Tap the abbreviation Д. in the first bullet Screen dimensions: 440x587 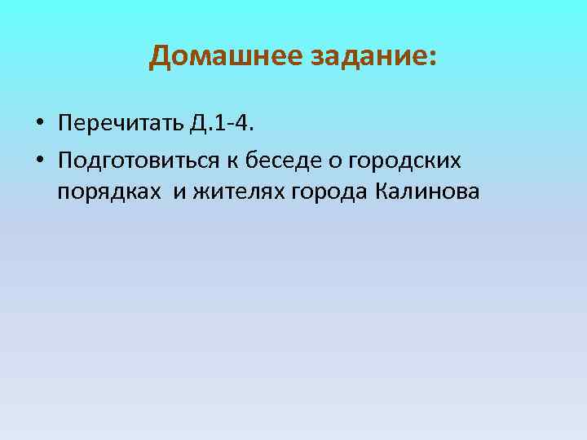pyautogui.click(x=199, y=123)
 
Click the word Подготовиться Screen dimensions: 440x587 pyautogui.click(x=139, y=160)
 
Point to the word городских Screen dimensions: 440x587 pyautogui.click(x=404, y=160)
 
